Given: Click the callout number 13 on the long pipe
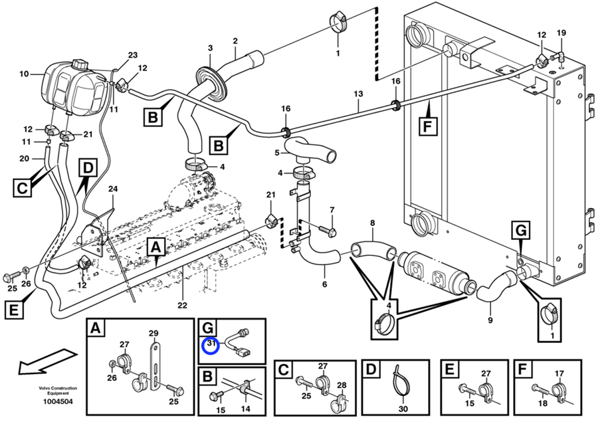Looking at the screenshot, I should pos(359,94).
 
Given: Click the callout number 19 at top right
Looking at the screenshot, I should pos(561,33).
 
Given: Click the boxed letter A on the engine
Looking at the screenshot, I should pos(156,248).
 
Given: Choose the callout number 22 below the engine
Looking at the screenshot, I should pos(182,306).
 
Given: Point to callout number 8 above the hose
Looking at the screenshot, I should pos(372,223).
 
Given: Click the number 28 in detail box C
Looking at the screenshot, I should pos(342,385).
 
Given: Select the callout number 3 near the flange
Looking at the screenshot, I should pos(210,48).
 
